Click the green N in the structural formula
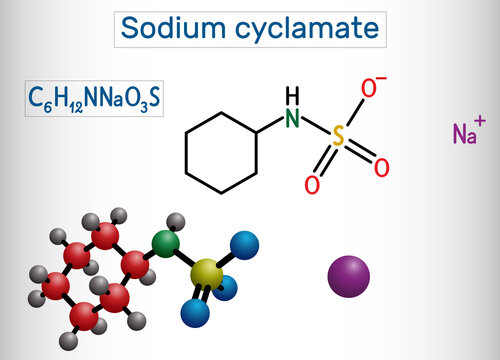click(x=291, y=119)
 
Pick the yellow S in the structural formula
click(x=339, y=139)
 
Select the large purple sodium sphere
click(x=349, y=275)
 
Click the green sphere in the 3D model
click(x=165, y=242)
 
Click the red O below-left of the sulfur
click(x=312, y=185)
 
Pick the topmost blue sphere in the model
click(x=244, y=243)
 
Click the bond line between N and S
click(x=315, y=129)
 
